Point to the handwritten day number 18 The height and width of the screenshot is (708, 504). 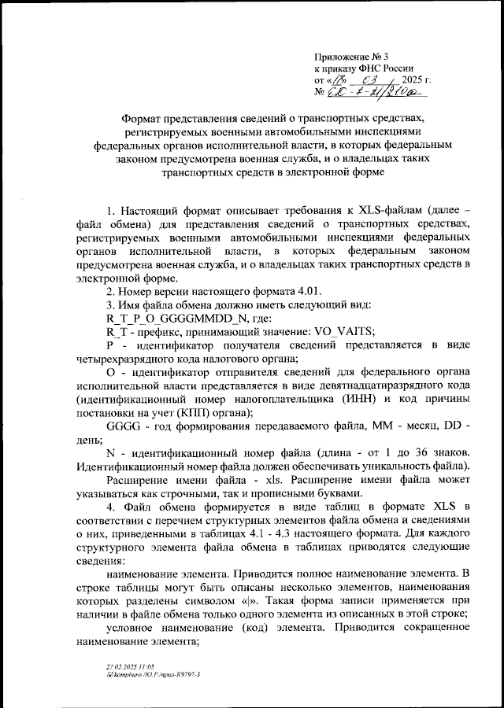337,81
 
